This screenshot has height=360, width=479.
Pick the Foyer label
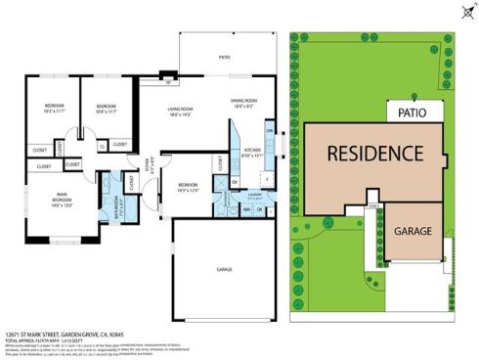tap(150, 164)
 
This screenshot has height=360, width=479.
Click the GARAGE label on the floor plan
tap(224, 268)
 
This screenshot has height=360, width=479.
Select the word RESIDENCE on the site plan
tap(374, 154)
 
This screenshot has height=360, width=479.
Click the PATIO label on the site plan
tap(414, 112)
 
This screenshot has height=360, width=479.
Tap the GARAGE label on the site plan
tap(414, 232)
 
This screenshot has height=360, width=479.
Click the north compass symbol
tap(461, 13)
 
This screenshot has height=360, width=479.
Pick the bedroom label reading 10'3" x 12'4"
tap(190, 187)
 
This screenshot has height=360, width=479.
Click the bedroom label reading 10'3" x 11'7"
tap(54, 108)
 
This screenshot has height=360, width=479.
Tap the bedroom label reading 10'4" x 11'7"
tap(105, 108)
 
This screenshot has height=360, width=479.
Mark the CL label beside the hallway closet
tap(103, 146)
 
